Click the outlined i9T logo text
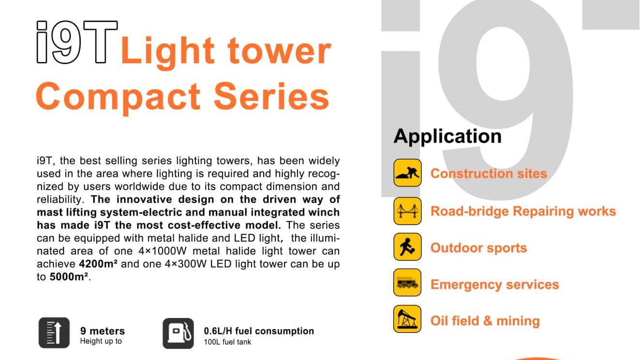pos(77,42)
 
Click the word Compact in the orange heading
pos(119,97)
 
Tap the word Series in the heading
pos(272,96)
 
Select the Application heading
pos(447,136)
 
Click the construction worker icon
pos(407,173)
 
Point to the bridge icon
pos(407,211)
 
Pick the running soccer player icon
pos(407,247)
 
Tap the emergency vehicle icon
pos(407,283)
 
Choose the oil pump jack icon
pos(407,319)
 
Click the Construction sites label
pos(489,173)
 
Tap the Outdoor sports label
pos(479,248)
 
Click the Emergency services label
pos(495,285)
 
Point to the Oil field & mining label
pos(485,321)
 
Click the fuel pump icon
pos(179,333)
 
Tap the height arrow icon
pos(54,333)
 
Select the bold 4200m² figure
pos(98,264)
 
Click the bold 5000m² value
pos(69,277)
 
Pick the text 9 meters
pos(103,331)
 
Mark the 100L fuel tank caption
pos(227,342)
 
